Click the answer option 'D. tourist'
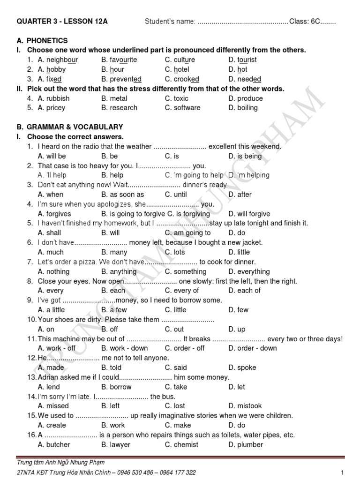(x=242, y=60)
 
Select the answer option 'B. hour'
(x=112, y=69)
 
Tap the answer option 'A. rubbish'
(x=53, y=98)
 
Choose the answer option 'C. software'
(x=182, y=108)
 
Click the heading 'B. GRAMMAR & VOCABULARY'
(x=70, y=127)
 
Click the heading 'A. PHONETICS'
(x=42, y=41)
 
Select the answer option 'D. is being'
(x=245, y=156)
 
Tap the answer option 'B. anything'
(x=119, y=271)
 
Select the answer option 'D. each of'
(x=244, y=291)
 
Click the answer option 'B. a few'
(x=114, y=310)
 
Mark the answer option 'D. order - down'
(x=253, y=348)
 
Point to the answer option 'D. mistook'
(x=245, y=406)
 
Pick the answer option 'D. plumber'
(x=246, y=444)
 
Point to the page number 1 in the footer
(x=343, y=472)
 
